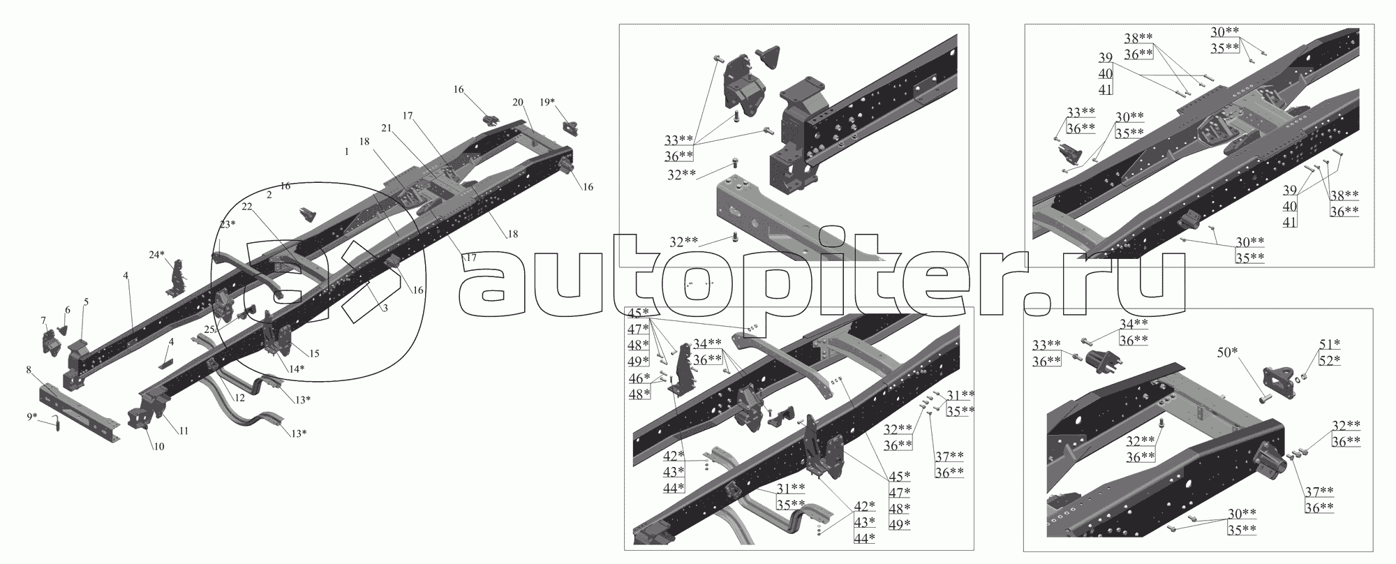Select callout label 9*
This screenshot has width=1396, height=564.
pyautogui.click(x=31, y=417)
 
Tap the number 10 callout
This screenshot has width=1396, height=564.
pyautogui.click(x=159, y=446)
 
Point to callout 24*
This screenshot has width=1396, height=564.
pyautogui.click(x=156, y=255)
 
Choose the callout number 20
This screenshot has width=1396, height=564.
pyautogui.click(x=517, y=102)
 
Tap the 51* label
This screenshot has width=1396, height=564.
pyautogui.click(x=1330, y=343)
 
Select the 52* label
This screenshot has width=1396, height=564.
pyautogui.click(x=1330, y=359)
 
